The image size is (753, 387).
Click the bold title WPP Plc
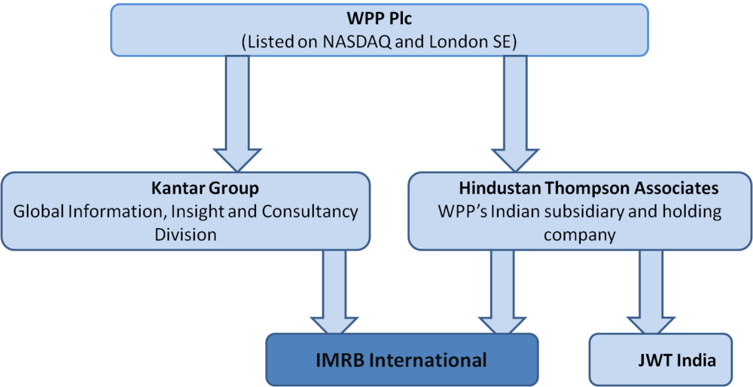pos(380,21)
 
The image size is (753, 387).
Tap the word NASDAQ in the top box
pos(354,42)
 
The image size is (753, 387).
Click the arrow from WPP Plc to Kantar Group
pos(236,114)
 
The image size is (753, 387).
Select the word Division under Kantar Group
pos(185,235)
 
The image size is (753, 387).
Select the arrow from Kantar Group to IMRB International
pos(334,292)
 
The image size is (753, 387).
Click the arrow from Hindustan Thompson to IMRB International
pos(502,292)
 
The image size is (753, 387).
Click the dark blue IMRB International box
pos(401,360)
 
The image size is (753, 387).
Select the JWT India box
pos(661,360)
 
